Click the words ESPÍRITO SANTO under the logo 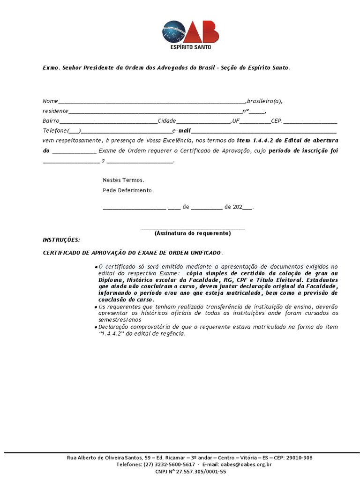click(x=190, y=47)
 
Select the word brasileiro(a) click(x=264, y=101)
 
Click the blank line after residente click(x=155, y=112)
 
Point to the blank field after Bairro click(x=108, y=121)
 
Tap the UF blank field click(x=255, y=121)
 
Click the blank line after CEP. click(x=310, y=121)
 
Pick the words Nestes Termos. click(x=123, y=180)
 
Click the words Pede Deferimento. click(x=128, y=190)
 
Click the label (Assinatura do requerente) click(x=193, y=233)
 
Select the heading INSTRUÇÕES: click(x=61, y=240)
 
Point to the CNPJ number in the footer click(x=197, y=472)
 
